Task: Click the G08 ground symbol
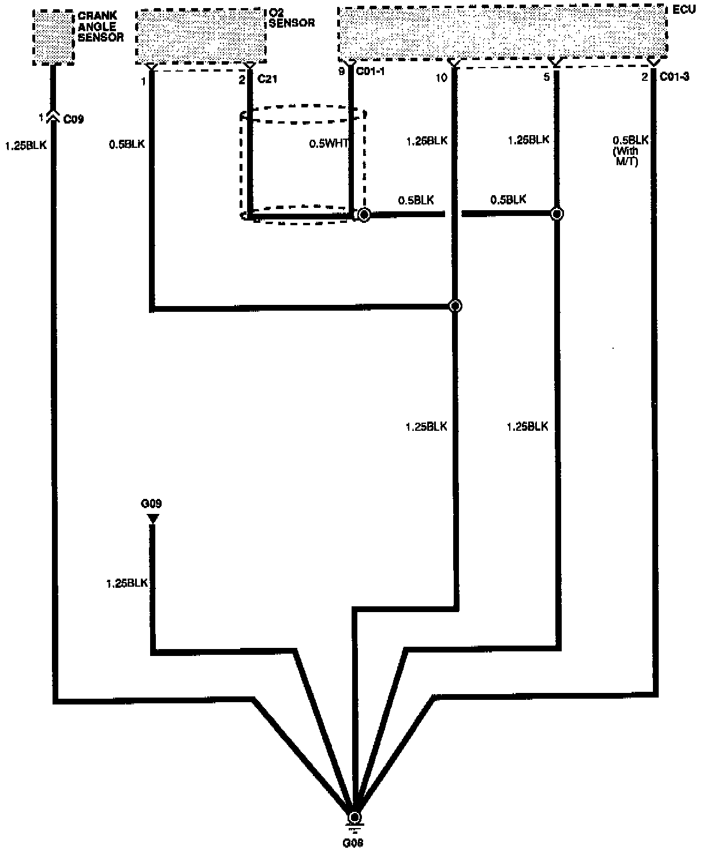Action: click(354, 818)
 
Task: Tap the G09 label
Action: click(151, 504)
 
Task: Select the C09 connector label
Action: click(73, 120)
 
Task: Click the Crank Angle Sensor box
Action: click(53, 36)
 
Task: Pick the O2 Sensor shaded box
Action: click(201, 35)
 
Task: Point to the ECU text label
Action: click(684, 10)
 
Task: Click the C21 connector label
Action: click(267, 79)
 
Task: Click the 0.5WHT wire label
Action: click(328, 144)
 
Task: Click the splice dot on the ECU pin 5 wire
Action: click(557, 214)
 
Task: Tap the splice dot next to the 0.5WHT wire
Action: click(364, 215)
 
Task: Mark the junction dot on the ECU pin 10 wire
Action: click(455, 306)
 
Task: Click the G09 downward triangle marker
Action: click(152, 519)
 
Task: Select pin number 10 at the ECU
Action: click(441, 78)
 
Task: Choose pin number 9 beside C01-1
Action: click(342, 72)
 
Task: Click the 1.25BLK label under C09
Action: click(25, 146)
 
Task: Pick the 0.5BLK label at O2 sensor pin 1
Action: click(127, 144)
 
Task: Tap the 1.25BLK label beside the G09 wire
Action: click(127, 583)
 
